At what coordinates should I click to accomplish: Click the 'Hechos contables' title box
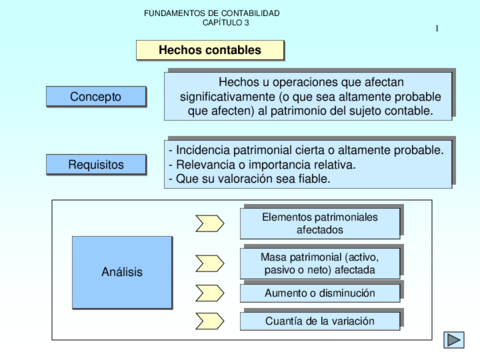click(x=210, y=49)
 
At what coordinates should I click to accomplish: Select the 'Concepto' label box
click(x=95, y=97)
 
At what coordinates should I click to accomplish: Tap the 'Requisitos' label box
click(x=95, y=164)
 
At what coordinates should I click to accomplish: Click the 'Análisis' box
click(x=121, y=272)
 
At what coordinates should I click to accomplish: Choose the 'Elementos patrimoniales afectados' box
click(x=320, y=222)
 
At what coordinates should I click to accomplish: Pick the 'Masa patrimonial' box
click(x=320, y=263)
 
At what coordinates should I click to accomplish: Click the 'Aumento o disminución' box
click(x=320, y=293)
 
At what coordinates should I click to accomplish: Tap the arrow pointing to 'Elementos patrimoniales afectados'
click(x=210, y=222)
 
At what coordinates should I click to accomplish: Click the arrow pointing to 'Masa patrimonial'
click(x=210, y=263)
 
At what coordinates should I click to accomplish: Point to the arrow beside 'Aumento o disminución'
click(x=210, y=293)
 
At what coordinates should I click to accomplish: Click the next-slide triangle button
click(x=454, y=340)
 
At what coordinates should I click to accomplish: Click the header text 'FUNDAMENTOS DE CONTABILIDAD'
click(x=212, y=13)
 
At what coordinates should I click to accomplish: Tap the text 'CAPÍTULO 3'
click(x=212, y=22)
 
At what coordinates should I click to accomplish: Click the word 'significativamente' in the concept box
click(x=243, y=97)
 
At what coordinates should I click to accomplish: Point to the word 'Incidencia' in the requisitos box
click(x=204, y=149)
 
